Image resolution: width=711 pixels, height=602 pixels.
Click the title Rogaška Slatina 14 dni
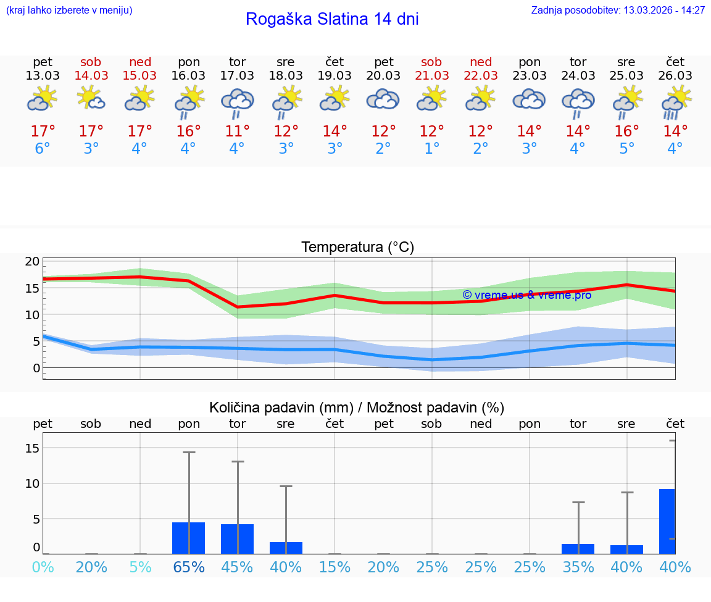[x=332, y=19]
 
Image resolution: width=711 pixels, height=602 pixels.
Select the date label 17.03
[x=237, y=76]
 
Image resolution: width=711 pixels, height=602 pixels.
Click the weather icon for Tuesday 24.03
[x=578, y=102]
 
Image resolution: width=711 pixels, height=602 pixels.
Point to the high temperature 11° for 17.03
[x=237, y=132]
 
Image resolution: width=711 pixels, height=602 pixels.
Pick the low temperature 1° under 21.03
[x=431, y=149]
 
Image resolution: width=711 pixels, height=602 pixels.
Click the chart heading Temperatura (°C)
[x=357, y=248]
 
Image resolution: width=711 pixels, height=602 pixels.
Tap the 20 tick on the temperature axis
[x=33, y=261]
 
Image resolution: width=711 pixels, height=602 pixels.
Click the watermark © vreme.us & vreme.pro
[x=526, y=295]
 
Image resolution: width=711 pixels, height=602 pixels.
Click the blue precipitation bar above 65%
[x=188, y=538]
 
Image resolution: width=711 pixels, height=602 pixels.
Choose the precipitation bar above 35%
[x=578, y=548]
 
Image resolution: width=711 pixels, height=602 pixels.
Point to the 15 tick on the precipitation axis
[x=33, y=448]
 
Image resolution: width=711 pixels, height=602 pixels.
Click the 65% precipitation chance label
[x=188, y=567]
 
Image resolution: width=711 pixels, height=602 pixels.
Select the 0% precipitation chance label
[x=43, y=567]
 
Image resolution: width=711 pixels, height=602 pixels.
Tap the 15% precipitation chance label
[x=335, y=567]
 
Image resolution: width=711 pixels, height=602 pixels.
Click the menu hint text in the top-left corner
[x=69, y=10]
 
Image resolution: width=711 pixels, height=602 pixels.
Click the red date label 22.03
[x=481, y=76]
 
